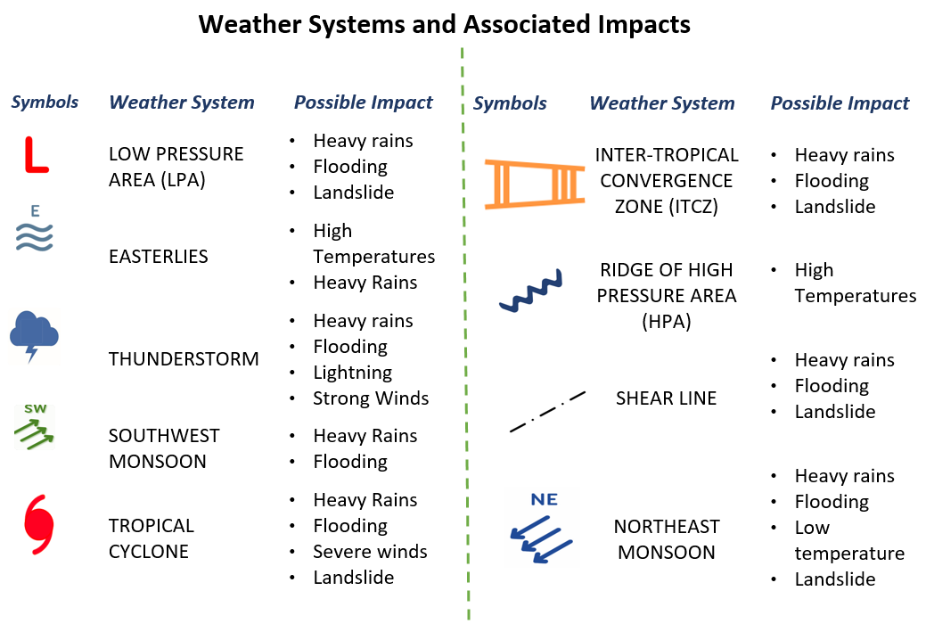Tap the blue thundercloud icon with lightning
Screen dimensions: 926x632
[x=34, y=334]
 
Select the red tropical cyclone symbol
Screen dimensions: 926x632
[x=39, y=524]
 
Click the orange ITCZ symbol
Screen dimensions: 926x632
[x=535, y=184]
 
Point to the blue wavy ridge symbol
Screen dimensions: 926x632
[x=531, y=291]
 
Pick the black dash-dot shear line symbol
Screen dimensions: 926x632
[x=547, y=411]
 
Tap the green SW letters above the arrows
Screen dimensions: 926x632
[x=36, y=409]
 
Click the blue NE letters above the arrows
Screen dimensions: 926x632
[x=544, y=500]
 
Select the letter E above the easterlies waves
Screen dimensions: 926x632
[x=36, y=211]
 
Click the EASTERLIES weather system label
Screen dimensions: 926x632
[x=159, y=257]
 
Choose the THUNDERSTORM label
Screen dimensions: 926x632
[x=184, y=358]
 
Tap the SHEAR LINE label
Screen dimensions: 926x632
[x=666, y=398]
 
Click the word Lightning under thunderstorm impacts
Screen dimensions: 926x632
[x=353, y=373]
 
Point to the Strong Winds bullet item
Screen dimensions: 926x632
[x=371, y=398]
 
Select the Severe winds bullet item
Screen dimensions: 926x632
[x=370, y=552]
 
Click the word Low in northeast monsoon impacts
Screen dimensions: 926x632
[x=812, y=528]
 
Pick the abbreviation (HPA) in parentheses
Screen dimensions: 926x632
[x=666, y=321]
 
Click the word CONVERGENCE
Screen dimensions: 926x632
[x=666, y=181]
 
